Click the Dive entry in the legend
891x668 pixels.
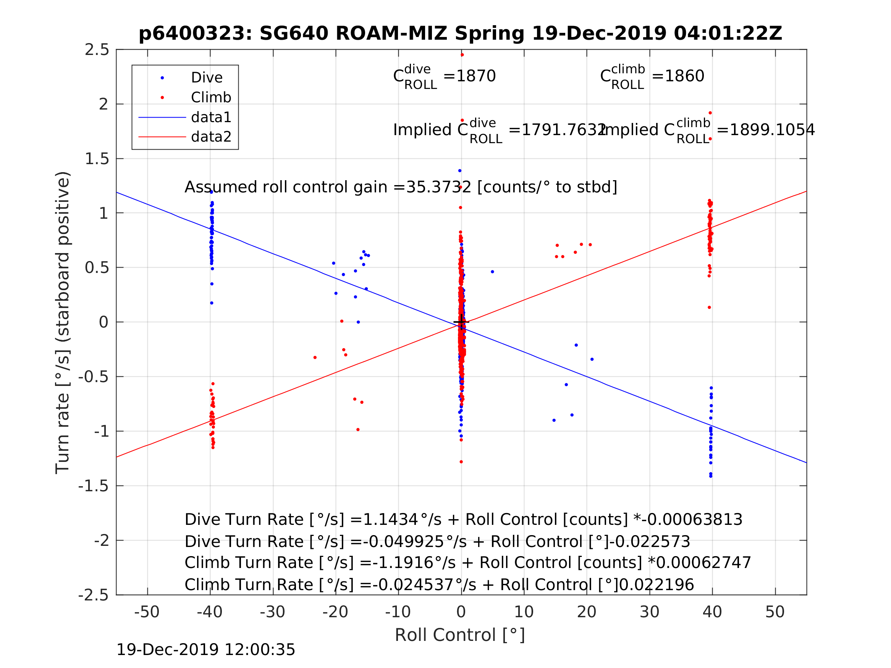coord(207,78)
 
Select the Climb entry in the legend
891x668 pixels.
coord(211,97)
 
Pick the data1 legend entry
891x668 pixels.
coord(211,117)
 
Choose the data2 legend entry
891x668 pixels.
coord(211,137)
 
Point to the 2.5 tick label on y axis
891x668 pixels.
coord(97,50)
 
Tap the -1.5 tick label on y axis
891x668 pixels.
coord(94,486)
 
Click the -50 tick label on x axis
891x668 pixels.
coord(147,612)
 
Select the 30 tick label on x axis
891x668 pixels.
coord(649,612)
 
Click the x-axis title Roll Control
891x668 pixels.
coord(459,636)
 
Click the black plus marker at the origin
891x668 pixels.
coord(461,322)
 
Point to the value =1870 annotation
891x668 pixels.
coord(470,76)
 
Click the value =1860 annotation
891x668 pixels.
coord(678,76)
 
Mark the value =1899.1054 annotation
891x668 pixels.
coord(765,130)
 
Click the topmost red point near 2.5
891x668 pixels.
coord(462,55)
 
